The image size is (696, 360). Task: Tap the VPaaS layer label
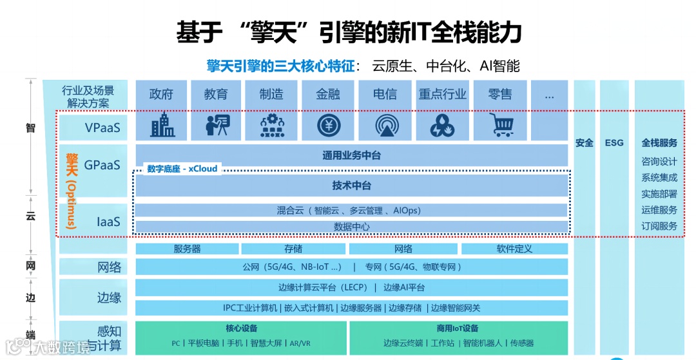click(102, 128)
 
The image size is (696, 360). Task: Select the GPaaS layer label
click(102, 165)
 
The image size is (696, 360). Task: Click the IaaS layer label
click(108, 222)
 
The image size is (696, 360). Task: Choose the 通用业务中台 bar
click(351, 155)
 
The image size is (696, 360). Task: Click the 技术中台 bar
click(351, 185)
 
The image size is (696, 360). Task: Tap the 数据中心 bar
click(351, 227)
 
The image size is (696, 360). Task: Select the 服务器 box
click(187, 249)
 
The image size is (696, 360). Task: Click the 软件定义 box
click(514, 249)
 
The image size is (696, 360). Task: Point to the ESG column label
click(614, 142)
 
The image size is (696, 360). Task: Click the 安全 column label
click(585, 142)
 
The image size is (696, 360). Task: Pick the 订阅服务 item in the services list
click(659, 226)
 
